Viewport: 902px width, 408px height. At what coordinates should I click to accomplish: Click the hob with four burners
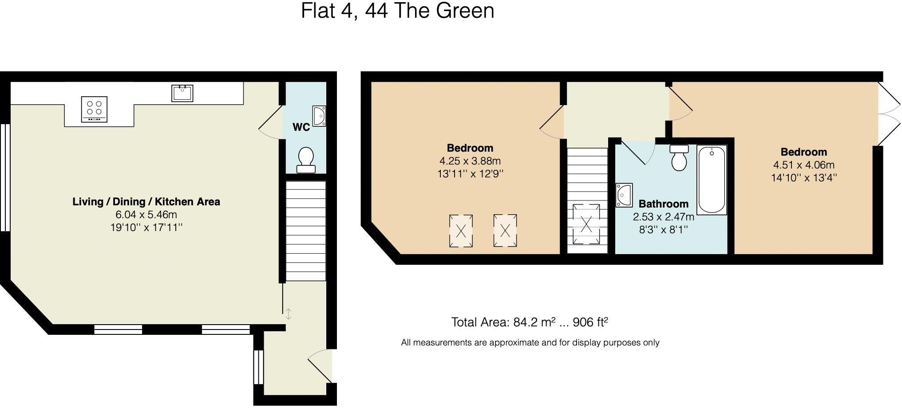point(95,109)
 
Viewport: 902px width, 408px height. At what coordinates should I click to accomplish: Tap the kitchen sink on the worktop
point(182,93)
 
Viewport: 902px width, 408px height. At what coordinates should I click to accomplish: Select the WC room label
point(301,127)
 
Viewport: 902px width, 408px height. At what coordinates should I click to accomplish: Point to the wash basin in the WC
point(319,116)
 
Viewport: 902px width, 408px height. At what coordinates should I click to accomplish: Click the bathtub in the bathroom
point(712,180)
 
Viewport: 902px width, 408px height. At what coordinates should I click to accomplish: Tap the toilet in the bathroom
point(679,157)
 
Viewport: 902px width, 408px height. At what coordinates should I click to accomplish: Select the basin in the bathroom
point(624,195)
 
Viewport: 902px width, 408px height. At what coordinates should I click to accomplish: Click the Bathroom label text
point(663,204)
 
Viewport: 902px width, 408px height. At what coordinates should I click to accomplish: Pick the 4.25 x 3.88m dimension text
point(470,161)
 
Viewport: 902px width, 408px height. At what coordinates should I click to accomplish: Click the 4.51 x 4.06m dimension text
point(803,165)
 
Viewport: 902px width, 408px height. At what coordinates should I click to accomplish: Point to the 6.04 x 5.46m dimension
point(146,215)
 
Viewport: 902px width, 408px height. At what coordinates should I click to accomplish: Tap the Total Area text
point(529,322)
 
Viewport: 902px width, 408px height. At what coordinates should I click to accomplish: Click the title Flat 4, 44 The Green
point(397,11)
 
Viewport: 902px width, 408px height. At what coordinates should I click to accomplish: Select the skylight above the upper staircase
point(586,224)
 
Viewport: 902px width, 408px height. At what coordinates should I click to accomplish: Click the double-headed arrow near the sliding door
point(288,314)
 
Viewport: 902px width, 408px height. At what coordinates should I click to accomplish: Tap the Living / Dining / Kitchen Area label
point(146,202)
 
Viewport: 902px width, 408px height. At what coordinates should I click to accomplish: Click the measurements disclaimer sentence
point(530,342)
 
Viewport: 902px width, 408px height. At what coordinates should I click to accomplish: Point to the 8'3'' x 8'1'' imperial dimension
point(663,230)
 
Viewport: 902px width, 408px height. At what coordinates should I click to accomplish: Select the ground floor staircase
point(305,231)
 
